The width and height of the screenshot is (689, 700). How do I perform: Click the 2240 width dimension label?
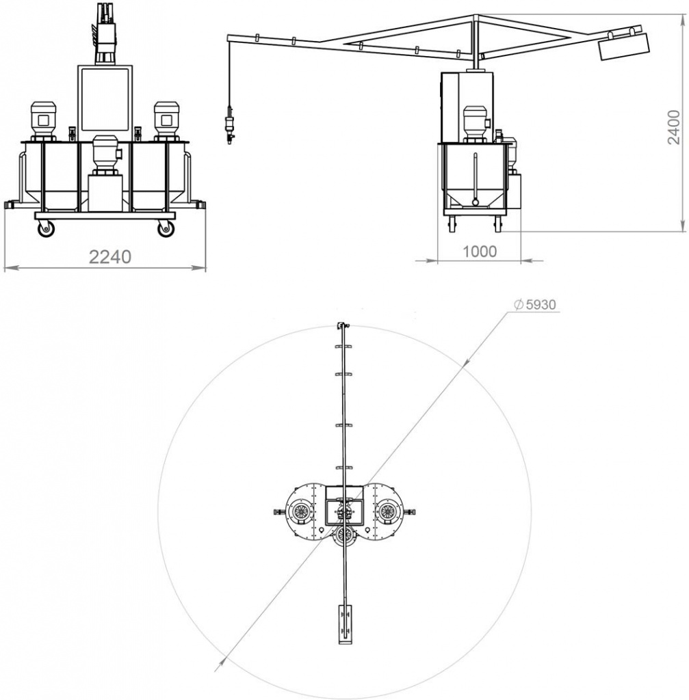click(110, 257)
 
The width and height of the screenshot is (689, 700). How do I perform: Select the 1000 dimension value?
click(479, 252)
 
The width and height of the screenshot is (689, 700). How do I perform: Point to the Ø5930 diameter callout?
click(535, 304)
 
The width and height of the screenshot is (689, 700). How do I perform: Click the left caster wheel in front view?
click(47, 229)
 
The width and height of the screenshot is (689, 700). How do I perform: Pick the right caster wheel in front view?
click(166, 229)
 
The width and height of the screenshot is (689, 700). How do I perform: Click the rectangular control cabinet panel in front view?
click(105, 98)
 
